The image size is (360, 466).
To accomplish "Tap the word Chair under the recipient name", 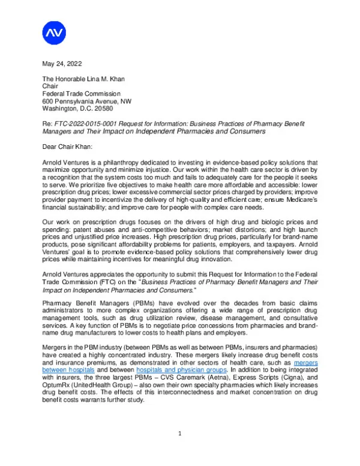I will pos(50,86).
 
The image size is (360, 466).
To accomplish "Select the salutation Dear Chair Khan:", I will pos(68,146).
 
